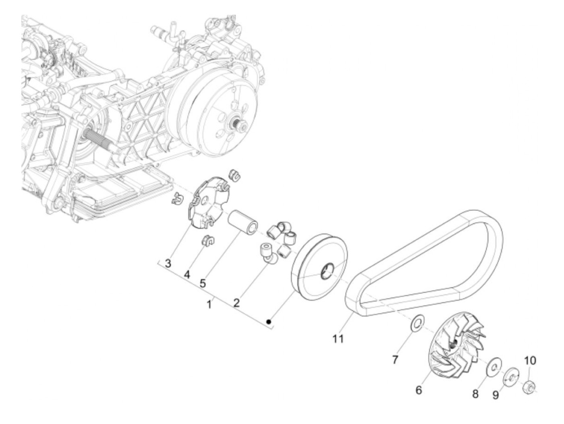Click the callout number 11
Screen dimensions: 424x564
(x=338, y=339)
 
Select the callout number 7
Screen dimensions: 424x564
(x=395, y=359)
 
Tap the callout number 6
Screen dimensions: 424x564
(x=419, y=390)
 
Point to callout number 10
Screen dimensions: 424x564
(x=530, y=360)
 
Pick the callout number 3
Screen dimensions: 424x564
(x=168, y=264)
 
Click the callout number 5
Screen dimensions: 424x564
(x=203, y=283)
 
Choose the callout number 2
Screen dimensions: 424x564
(x=236, y=302)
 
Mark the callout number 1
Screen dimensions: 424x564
(x=209, y=305)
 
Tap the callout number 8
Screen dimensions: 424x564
(x=476, y=394)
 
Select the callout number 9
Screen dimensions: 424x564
(x=496, y=395)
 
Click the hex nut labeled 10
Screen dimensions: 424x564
(x=529, y=388)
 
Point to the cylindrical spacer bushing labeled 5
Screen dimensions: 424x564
(x=243, y=222)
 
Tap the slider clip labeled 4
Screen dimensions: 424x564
(x=207, y=241)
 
